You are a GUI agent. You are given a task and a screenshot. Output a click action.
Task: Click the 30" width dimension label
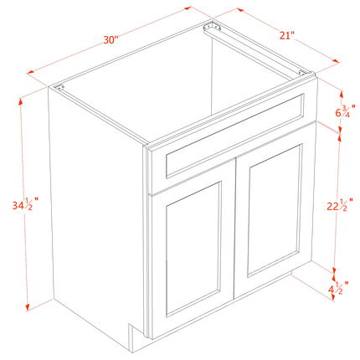point(111,40)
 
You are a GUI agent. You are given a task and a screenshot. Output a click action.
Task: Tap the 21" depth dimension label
point(287,35)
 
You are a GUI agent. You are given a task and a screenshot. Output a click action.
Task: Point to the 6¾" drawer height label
point(345,111)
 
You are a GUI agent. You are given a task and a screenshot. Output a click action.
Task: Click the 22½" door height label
point(340,205)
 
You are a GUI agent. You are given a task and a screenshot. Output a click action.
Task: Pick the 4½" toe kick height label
point(338,287)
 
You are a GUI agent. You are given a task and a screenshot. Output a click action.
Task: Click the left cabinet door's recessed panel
point(193,249)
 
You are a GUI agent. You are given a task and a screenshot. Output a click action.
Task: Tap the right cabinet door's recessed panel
point(275,211)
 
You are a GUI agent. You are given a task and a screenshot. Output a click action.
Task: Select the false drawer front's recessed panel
point(234,136)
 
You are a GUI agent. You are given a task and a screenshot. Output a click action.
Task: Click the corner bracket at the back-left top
point(211,27)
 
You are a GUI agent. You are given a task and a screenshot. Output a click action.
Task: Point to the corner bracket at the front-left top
point(59,87)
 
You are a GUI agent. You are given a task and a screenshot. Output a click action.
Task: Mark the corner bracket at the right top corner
point(303,73)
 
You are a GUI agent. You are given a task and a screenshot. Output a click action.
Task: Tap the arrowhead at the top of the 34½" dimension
point(20,101)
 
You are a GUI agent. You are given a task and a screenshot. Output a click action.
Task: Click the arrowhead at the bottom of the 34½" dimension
point(28,307)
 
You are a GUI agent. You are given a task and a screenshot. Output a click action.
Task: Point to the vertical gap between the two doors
point(234,229)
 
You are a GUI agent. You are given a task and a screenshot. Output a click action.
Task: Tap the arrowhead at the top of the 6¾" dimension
point(341,94)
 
